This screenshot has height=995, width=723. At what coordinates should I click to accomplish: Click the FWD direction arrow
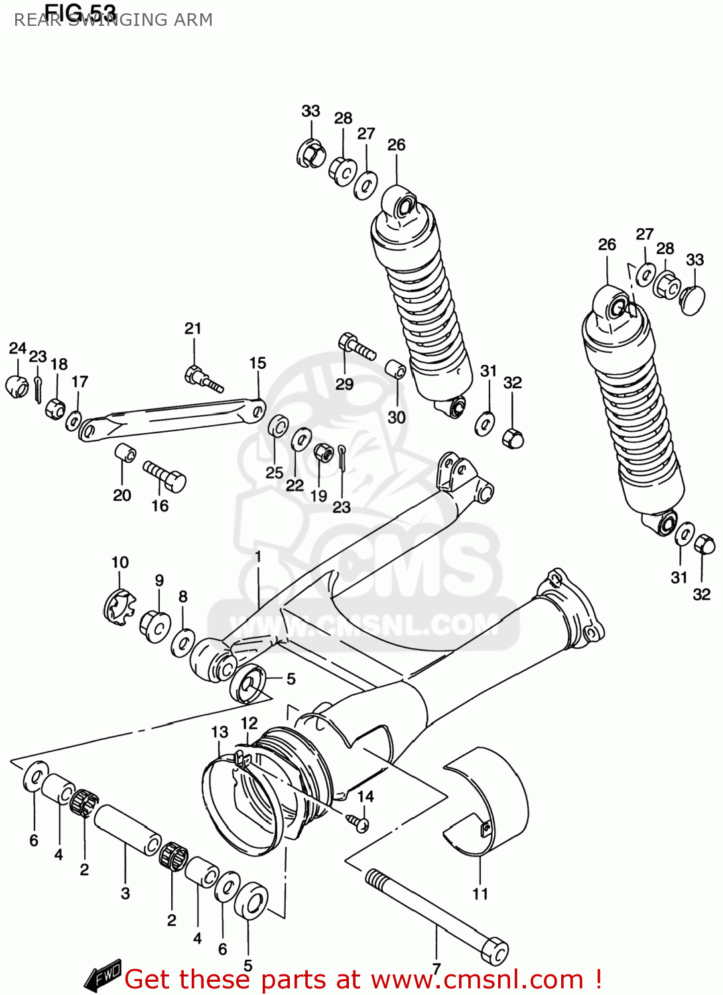pyautogui.click(x=103, y=975)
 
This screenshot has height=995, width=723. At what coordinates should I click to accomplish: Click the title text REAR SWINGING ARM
pyautogui.click(x=113, y=21)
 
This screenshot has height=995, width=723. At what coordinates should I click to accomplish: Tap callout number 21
pyautogui.click(x=192, y=328)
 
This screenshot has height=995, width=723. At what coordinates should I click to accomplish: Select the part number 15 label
pyautogui.click(x=257, y=363)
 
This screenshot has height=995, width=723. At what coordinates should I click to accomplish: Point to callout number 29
pyautogui.click(x=344, y=384)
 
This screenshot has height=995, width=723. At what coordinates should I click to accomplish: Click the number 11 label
pyautogui.click(x=480, y=894)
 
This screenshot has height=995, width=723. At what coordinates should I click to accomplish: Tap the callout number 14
pyautogui.click(x=365, y=796)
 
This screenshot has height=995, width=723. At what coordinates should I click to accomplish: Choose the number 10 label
pyautogui.click(x=119, y=563)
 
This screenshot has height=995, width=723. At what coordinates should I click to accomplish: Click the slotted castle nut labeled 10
pyautogui.click(x=119, y=606)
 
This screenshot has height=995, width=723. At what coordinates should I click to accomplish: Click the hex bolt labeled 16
pyautogui.click(x=166, y=476)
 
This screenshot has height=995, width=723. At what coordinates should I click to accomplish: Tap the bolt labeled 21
pyautogui.click(x=203, y=379)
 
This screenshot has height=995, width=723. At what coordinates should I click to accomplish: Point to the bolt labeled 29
pyautogui.click(x=356, y=346)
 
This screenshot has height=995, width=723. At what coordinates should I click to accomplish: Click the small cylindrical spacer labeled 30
pyautogui.click(x=396, y=369)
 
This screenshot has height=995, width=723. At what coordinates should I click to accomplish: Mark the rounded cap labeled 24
pyautogui.click(x=18, y=387)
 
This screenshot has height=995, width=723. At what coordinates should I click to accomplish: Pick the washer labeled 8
pyautogui.click(x=182, y=643)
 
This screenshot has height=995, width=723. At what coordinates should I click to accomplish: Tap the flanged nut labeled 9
pyautogui.click(x=155, y=626)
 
